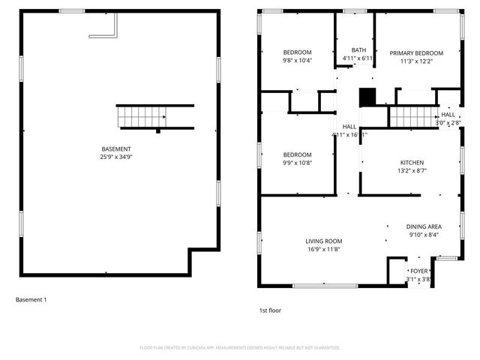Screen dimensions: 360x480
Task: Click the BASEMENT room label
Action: click(x=116, y=148)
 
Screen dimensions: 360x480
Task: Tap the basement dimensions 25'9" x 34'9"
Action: click(x=116, y=157)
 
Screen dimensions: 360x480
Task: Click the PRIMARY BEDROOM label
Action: click(x=416, y=53)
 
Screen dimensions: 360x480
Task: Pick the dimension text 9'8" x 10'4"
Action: click(x=276, y=60)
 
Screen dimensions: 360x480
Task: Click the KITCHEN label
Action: click(x=412, y=163)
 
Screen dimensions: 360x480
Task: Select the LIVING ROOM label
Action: click(x=323, y=241)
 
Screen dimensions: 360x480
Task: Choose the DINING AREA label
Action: click(x=424, y=226)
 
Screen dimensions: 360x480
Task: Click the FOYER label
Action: click(x=418, y=271)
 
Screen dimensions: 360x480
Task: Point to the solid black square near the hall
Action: click(x=367, y=98)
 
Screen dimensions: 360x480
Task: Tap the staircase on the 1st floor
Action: click(x=412, y=116)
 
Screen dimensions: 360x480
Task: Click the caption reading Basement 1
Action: click(x=31, y=300)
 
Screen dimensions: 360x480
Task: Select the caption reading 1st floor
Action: click(x=271, y=310)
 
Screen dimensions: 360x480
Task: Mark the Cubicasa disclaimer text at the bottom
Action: click(x=240, y=348)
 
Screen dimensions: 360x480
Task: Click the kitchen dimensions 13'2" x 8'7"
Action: click(x=412, y=171)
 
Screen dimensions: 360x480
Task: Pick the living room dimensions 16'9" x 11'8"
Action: click(x=323, y=249)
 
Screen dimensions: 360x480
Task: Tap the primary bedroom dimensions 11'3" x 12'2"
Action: click(x=416, y=61)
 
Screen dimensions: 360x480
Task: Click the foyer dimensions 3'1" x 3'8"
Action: click(x=418, y=279)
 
